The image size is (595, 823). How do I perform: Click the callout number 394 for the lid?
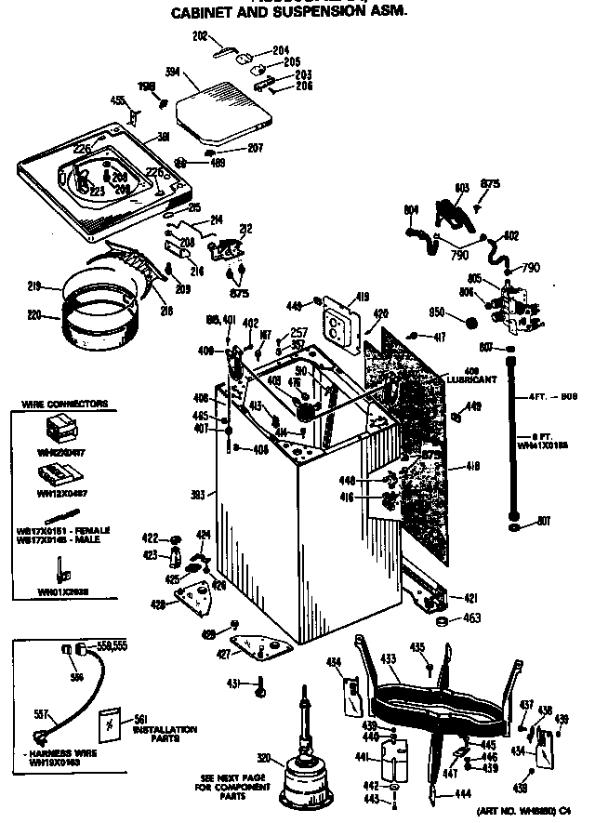[171, 72]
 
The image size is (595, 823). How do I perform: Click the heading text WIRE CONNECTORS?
[65, 404]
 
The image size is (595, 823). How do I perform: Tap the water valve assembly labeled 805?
[511, 304]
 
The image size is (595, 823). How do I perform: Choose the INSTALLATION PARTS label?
[165, 734]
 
